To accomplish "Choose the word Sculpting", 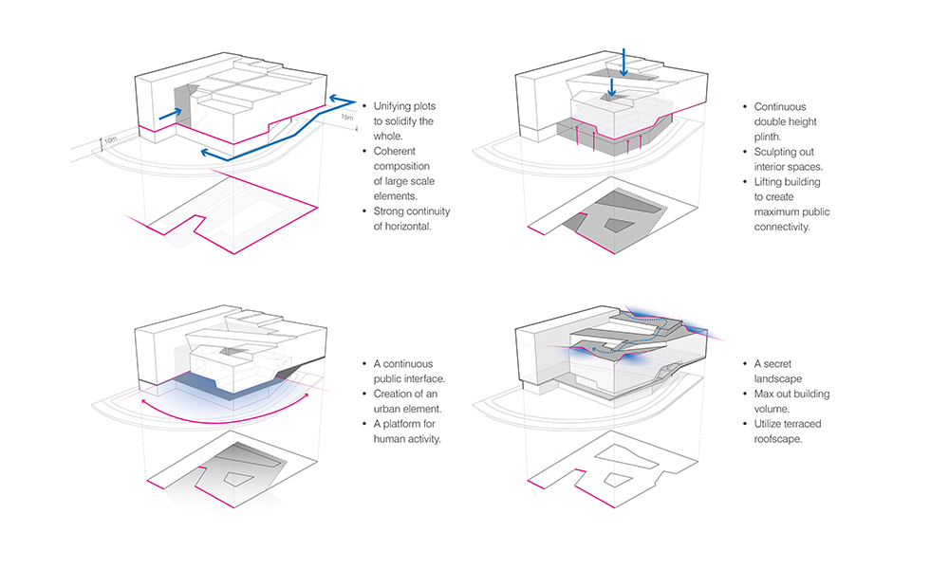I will pyautogui.click(x=780, y=152).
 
